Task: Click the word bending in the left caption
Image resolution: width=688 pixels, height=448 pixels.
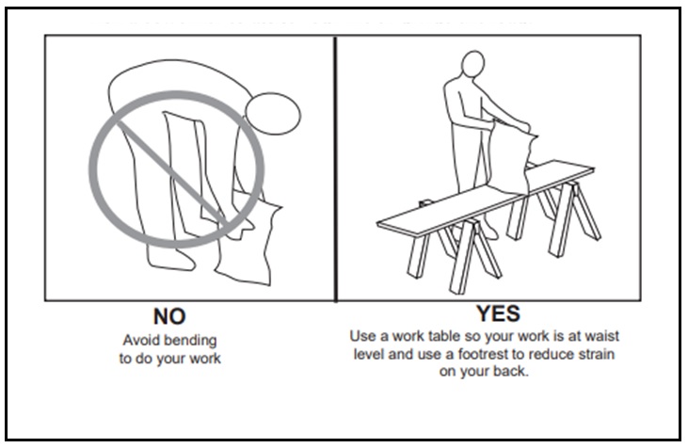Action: [x=197, y=340]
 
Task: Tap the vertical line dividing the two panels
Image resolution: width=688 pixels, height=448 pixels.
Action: [x=336, y=169]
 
